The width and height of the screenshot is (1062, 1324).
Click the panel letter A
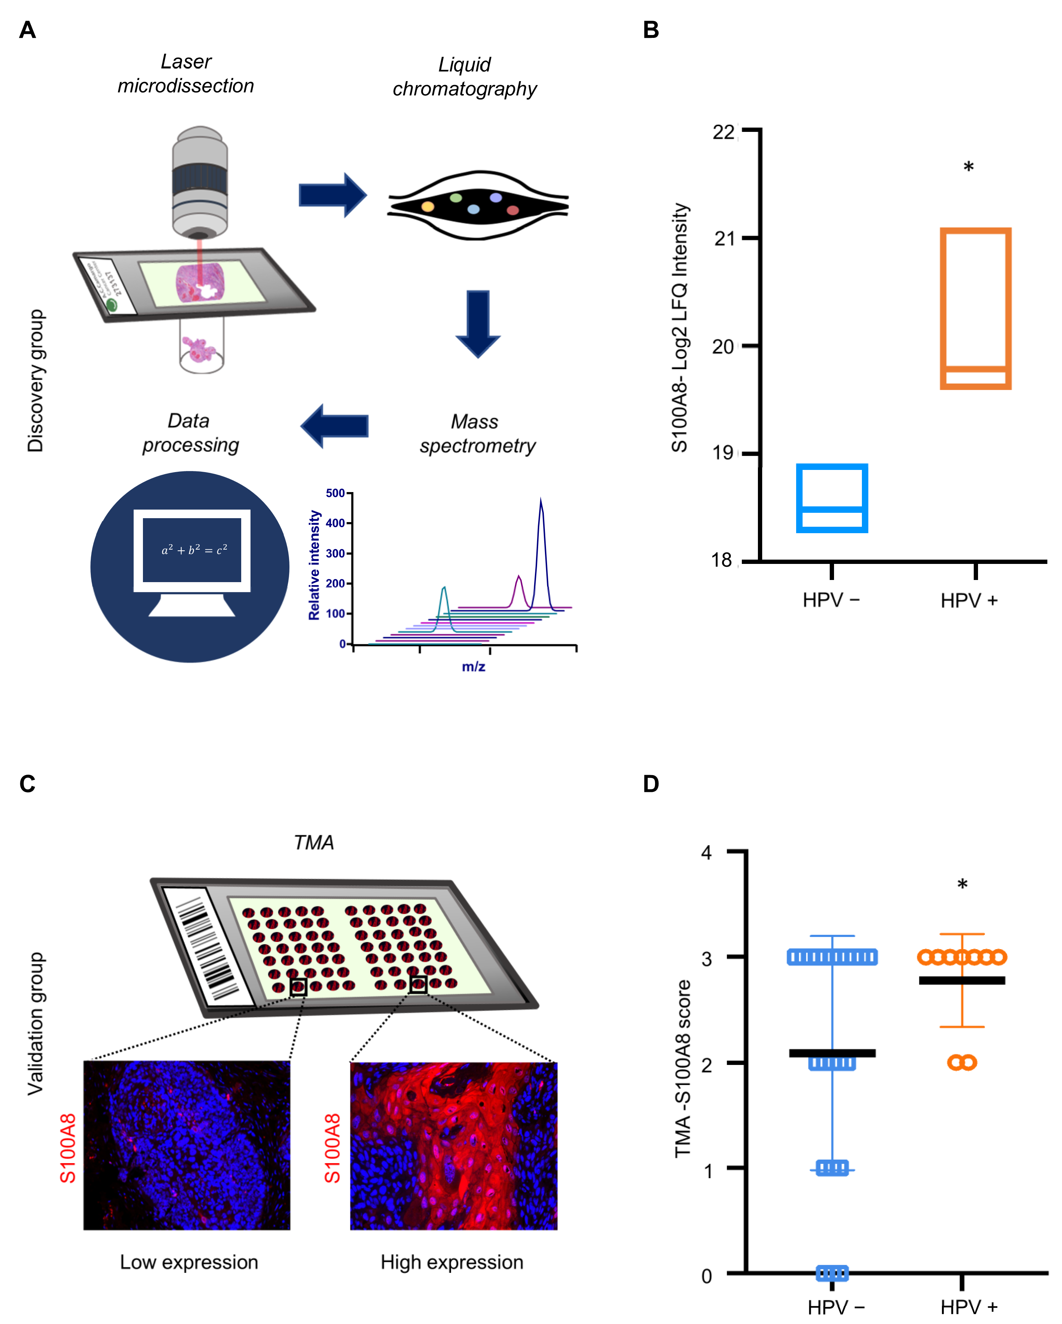28,29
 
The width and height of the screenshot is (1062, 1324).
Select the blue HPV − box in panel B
831,498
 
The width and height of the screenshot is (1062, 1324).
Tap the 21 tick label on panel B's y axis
724,238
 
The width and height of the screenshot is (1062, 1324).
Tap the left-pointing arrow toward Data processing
335,426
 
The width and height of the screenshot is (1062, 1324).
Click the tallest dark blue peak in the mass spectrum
541,504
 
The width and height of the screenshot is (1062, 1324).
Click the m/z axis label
473,667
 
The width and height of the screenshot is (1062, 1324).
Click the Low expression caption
189,1261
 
